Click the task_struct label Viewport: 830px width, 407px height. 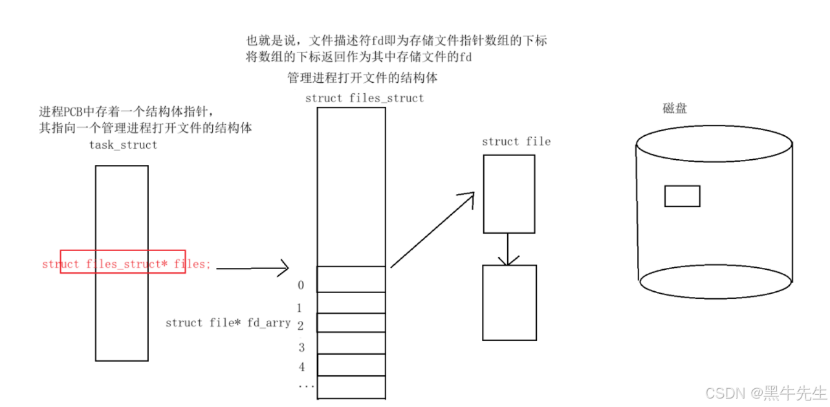pyautogui.click(x=123, y=145)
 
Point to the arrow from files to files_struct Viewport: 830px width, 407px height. pyautogui.click(x=252, y=267)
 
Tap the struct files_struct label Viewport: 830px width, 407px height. pyautogui.click(x=364, y=98)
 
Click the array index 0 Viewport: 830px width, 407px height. pyautogui.click(x=301, y=285)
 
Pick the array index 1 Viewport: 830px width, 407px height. pyautogui.click(x=300, y=308)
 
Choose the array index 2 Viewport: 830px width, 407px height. pyautogui.click(x=301, y=325)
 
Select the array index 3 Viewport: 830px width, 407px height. pyautogui.click(x=301, y=348)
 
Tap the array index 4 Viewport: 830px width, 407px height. pyautogui.click(x=301, y=367)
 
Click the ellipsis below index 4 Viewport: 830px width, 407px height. pyautogui.click(x=306, y=386)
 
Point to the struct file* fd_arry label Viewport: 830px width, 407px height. pyautogui.click(x=228, y=322)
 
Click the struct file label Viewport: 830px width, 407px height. pyautogui.click(x=516, y=142)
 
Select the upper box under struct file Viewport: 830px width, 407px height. pyautogui.click(x=509, y=194)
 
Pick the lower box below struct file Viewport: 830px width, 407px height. pyautogui.click(x=509, y=302)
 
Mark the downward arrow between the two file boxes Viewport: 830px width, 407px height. pyautogui.click(x=508, y=249)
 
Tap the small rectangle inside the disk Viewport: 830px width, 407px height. pyautogui.click(x=682, y=196)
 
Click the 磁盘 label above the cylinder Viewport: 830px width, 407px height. pyautogui.click(x=675, y=109)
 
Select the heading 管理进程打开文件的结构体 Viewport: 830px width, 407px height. pyautogui.click(x=363, y=78)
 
